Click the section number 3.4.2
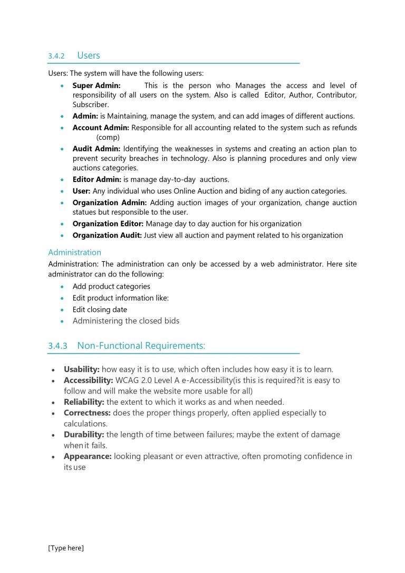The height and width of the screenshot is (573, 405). click(56, 56)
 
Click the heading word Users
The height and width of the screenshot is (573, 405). click(88, 55)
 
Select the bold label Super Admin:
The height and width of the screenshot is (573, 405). click(97, 85)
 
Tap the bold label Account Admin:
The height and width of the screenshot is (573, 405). click(101, 128)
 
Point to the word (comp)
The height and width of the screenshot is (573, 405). click(108, 137)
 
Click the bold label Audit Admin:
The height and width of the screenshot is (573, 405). click(97, 149)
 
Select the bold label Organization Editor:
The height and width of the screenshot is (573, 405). click(108, 224)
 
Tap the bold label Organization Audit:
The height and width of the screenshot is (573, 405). click(107, 235)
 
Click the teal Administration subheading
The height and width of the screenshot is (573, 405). click(74, 252)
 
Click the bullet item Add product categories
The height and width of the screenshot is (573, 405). click(111, 286)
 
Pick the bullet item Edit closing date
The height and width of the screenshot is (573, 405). click(100, 310)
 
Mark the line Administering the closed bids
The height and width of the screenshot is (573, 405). click(126, 321)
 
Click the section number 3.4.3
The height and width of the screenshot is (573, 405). click(57, 346)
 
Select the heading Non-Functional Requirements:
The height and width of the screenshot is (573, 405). click(141, 346)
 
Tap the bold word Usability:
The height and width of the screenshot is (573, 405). click(81, 369)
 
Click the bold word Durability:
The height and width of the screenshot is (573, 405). click(84, 435)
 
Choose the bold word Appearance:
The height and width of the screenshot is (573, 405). click(88, 456)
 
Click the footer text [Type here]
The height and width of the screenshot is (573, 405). click(66, 548)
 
